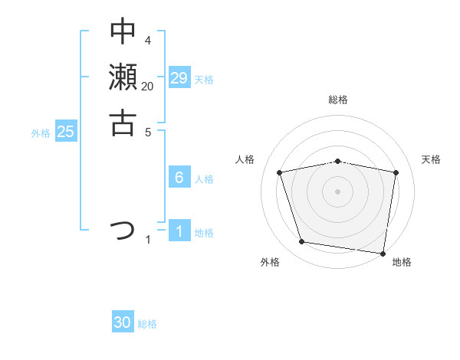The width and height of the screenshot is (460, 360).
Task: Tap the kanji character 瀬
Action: (123, 77)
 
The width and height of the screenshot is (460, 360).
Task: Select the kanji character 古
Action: (123, 123)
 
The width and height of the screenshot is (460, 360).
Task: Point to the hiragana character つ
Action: (123, 229)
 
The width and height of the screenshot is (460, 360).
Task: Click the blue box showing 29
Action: (179, 78)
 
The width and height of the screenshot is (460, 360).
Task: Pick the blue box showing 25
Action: (66, 132)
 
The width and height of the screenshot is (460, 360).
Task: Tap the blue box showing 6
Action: (179, 178)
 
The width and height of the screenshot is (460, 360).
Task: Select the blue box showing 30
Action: (123, 322)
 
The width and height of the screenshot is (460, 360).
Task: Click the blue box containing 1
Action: (179, 231)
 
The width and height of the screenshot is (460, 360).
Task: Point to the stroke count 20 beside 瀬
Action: (147, 86)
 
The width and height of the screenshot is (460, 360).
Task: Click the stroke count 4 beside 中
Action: (147, 40)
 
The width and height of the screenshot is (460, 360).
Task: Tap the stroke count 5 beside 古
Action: (147, 131)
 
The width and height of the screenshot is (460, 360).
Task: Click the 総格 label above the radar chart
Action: (338, 100)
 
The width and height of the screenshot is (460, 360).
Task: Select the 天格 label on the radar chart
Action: (431, 159)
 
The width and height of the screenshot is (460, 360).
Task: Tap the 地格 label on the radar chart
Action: (402, 262)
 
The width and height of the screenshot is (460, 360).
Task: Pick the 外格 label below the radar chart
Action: (269, 262)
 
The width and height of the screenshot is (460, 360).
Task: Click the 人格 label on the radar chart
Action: (245, 159)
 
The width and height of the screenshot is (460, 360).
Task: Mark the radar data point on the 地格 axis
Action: (383, 253)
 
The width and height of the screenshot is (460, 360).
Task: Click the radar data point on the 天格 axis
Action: (396, 172)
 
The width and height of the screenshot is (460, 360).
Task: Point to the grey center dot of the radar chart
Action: (337, 191)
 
